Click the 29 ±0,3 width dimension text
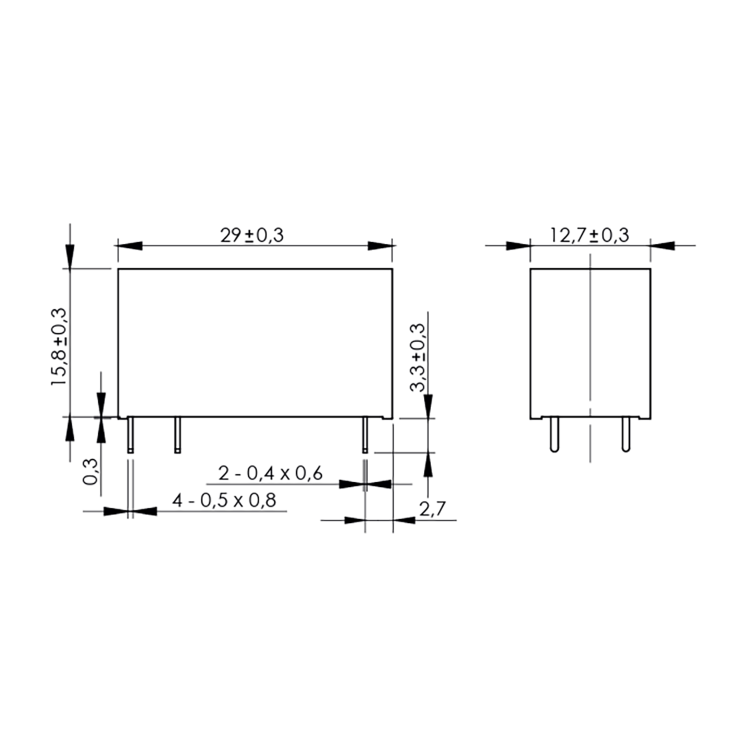(x=252, y=235)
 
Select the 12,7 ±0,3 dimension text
(x=590, y=235)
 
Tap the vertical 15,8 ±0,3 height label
(x=59, y=347)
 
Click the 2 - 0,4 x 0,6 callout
(x=270, y=473)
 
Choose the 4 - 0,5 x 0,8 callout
(x=224, y=500)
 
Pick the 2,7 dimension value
(x=432, y=509)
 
